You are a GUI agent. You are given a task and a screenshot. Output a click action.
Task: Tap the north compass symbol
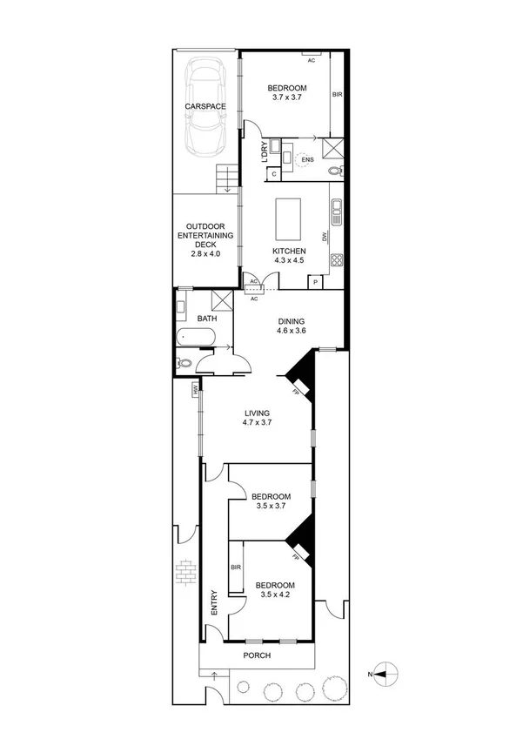point(386,673)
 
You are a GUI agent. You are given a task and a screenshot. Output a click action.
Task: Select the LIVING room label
point(258,413)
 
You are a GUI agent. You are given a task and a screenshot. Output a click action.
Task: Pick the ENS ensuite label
point(306,159)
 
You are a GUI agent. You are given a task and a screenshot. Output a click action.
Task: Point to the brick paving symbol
point(184,572)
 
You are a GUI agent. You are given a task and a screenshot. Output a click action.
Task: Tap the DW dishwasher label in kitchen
point(324,237)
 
